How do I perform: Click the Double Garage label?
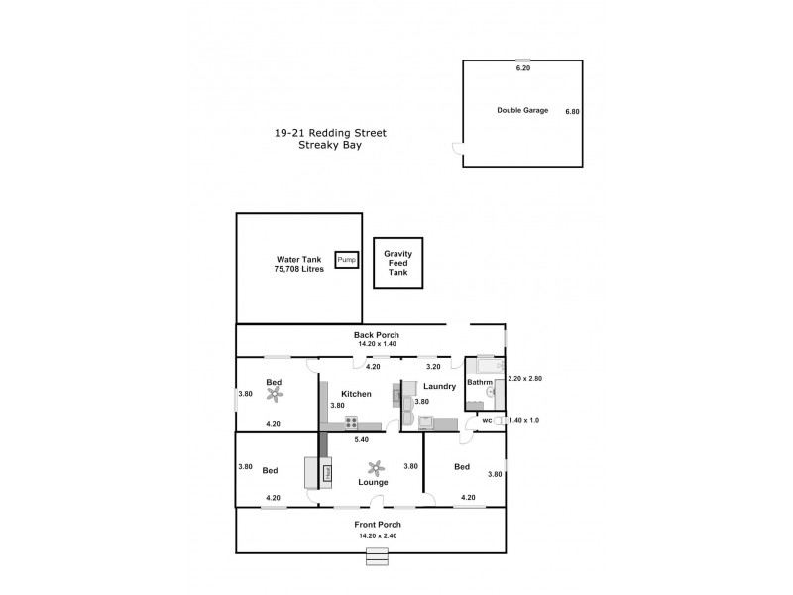point(522,110)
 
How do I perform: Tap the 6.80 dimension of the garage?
point(572,111)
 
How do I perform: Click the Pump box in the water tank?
point(346,260)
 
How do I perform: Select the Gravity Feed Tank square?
point(398,263)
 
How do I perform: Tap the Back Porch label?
point(377,335)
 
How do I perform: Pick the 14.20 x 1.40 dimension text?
point(377,344)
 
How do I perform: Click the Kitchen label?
point(357,394)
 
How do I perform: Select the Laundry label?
point(438,386)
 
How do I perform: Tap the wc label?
point(487,421)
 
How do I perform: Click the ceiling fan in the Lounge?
point(374,468)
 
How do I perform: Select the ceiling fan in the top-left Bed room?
point(275,395)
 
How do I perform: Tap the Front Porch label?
point(376,524)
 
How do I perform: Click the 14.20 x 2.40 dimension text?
point(377,535)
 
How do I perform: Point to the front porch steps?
point(377,556)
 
